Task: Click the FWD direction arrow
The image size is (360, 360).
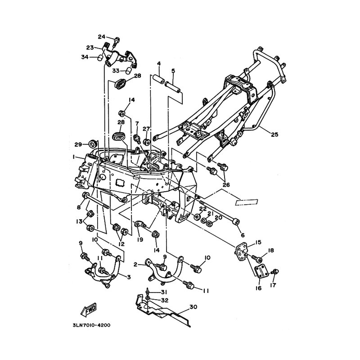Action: (87, 310)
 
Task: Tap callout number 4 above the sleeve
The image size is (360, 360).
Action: (159, 63)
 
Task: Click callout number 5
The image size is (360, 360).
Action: (173, 70)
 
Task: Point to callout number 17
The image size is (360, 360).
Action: (273, 285)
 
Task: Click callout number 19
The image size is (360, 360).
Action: (140, 240)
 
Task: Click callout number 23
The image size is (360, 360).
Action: (90, 47)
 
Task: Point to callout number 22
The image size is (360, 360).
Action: (203, 208)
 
